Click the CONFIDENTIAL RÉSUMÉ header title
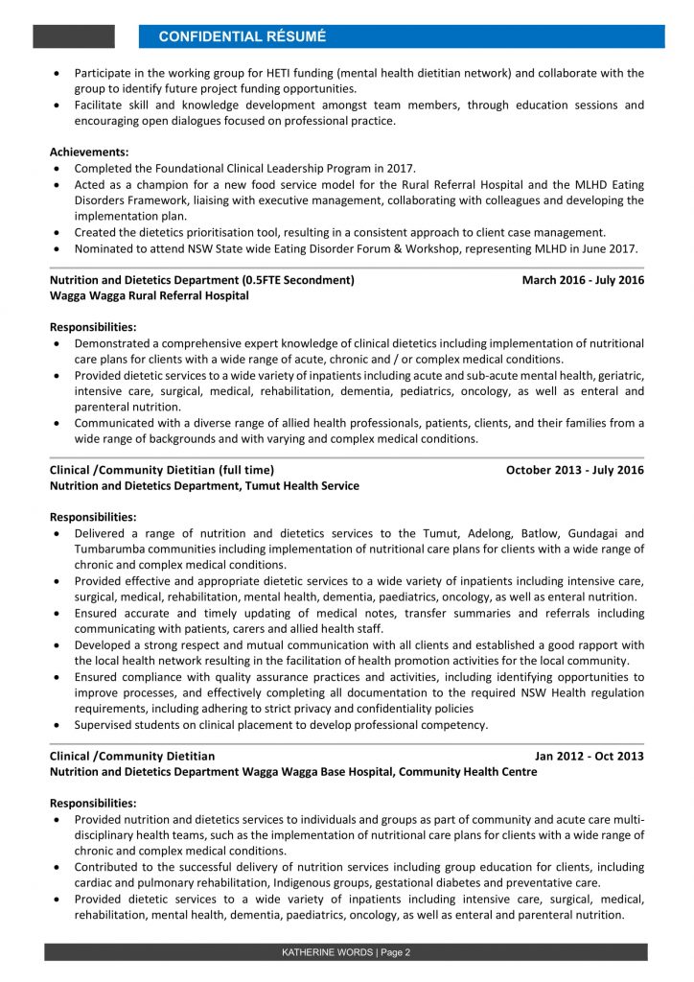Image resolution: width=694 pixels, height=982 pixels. pyautogui.click(x=242, y=36)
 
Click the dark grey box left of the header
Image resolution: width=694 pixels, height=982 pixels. pyautogui.click(x=74, y=36)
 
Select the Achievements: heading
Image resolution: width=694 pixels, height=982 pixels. pyautogui.click(x=89, y=152)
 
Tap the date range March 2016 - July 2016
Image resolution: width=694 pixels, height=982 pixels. pyautogui.click(x=583, y=280)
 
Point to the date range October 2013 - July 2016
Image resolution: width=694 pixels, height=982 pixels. pyautogui.click(x=575, y=470)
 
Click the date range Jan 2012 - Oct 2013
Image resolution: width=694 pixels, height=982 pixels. pyautogui.click(x=590, y=756)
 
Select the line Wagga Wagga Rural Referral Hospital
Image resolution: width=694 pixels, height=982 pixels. pyautogui.click(x=149, y=296)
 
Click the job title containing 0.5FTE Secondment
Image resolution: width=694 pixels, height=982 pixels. pyautogui.click(x=201, y=280)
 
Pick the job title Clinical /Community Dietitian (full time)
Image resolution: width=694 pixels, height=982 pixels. pyautogui.click(x=162, y=470)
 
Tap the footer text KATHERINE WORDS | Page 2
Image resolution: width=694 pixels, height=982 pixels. pyautogui.click(x=346, y=952)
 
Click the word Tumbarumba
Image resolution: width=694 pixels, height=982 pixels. pyautogui.click(x=113, y=549)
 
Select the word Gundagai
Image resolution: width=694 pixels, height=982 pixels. pyautogui.click(x=595, y=533)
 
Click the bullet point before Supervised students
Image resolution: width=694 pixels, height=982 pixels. pyautogui.click(x=58, y=725)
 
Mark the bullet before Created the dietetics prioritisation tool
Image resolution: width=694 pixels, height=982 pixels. pyautogui.click(x=58, y=232)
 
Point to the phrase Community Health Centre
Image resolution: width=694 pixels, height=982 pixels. pyautogui.click(x=468, y=772)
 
